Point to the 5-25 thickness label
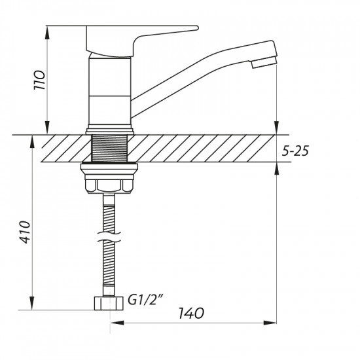pos(295,151)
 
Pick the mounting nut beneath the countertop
pos(109,179)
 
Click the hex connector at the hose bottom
pos(109,304)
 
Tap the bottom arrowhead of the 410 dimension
pos(31,306)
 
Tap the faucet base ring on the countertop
pos(109,131)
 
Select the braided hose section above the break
pos(109,209)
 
